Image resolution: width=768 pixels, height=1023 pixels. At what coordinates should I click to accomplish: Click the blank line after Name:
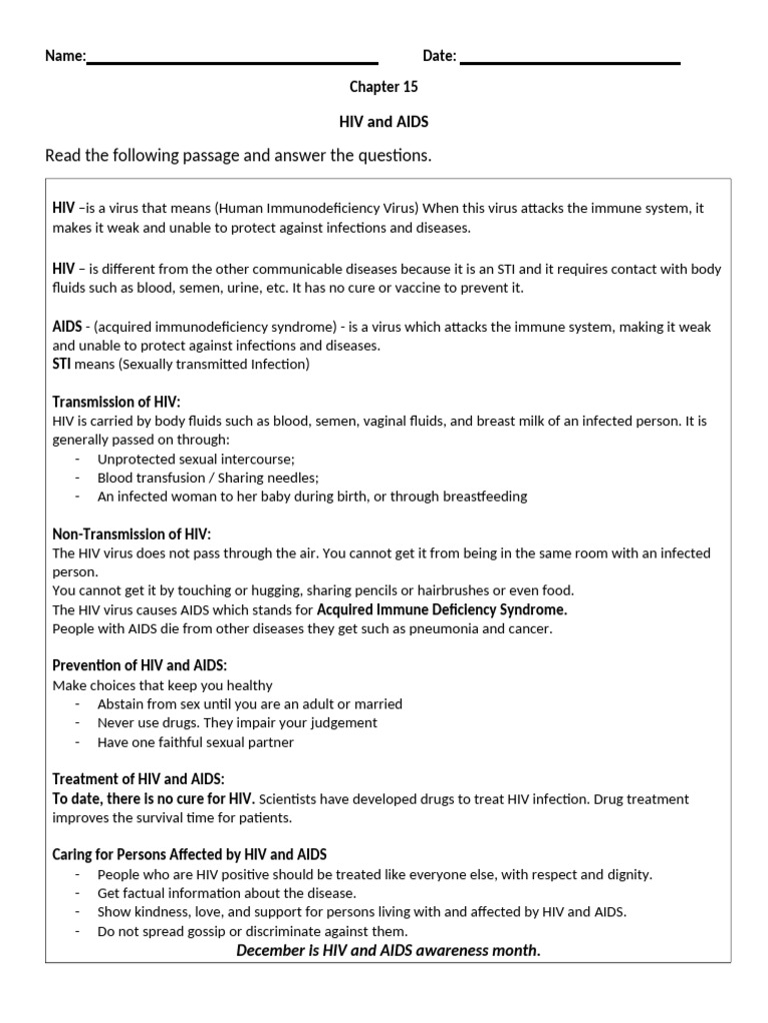[232, 59]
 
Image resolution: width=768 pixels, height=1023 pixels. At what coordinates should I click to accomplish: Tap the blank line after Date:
[569, 59]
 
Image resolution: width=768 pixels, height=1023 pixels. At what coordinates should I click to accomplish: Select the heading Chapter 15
[384, 87]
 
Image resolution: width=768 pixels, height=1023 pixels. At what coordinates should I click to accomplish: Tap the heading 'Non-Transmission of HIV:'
[131, 534]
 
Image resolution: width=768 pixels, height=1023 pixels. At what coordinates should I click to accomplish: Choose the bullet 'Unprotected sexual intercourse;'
[196, 459]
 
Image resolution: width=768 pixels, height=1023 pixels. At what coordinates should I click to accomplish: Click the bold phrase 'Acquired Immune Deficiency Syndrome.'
[442, 609]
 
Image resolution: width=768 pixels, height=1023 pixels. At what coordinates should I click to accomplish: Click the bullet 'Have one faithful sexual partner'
[196, 742]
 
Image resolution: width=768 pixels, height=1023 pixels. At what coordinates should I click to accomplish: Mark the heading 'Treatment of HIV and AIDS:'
[138, 779]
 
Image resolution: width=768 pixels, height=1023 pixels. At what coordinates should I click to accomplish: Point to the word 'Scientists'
[293, 799]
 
